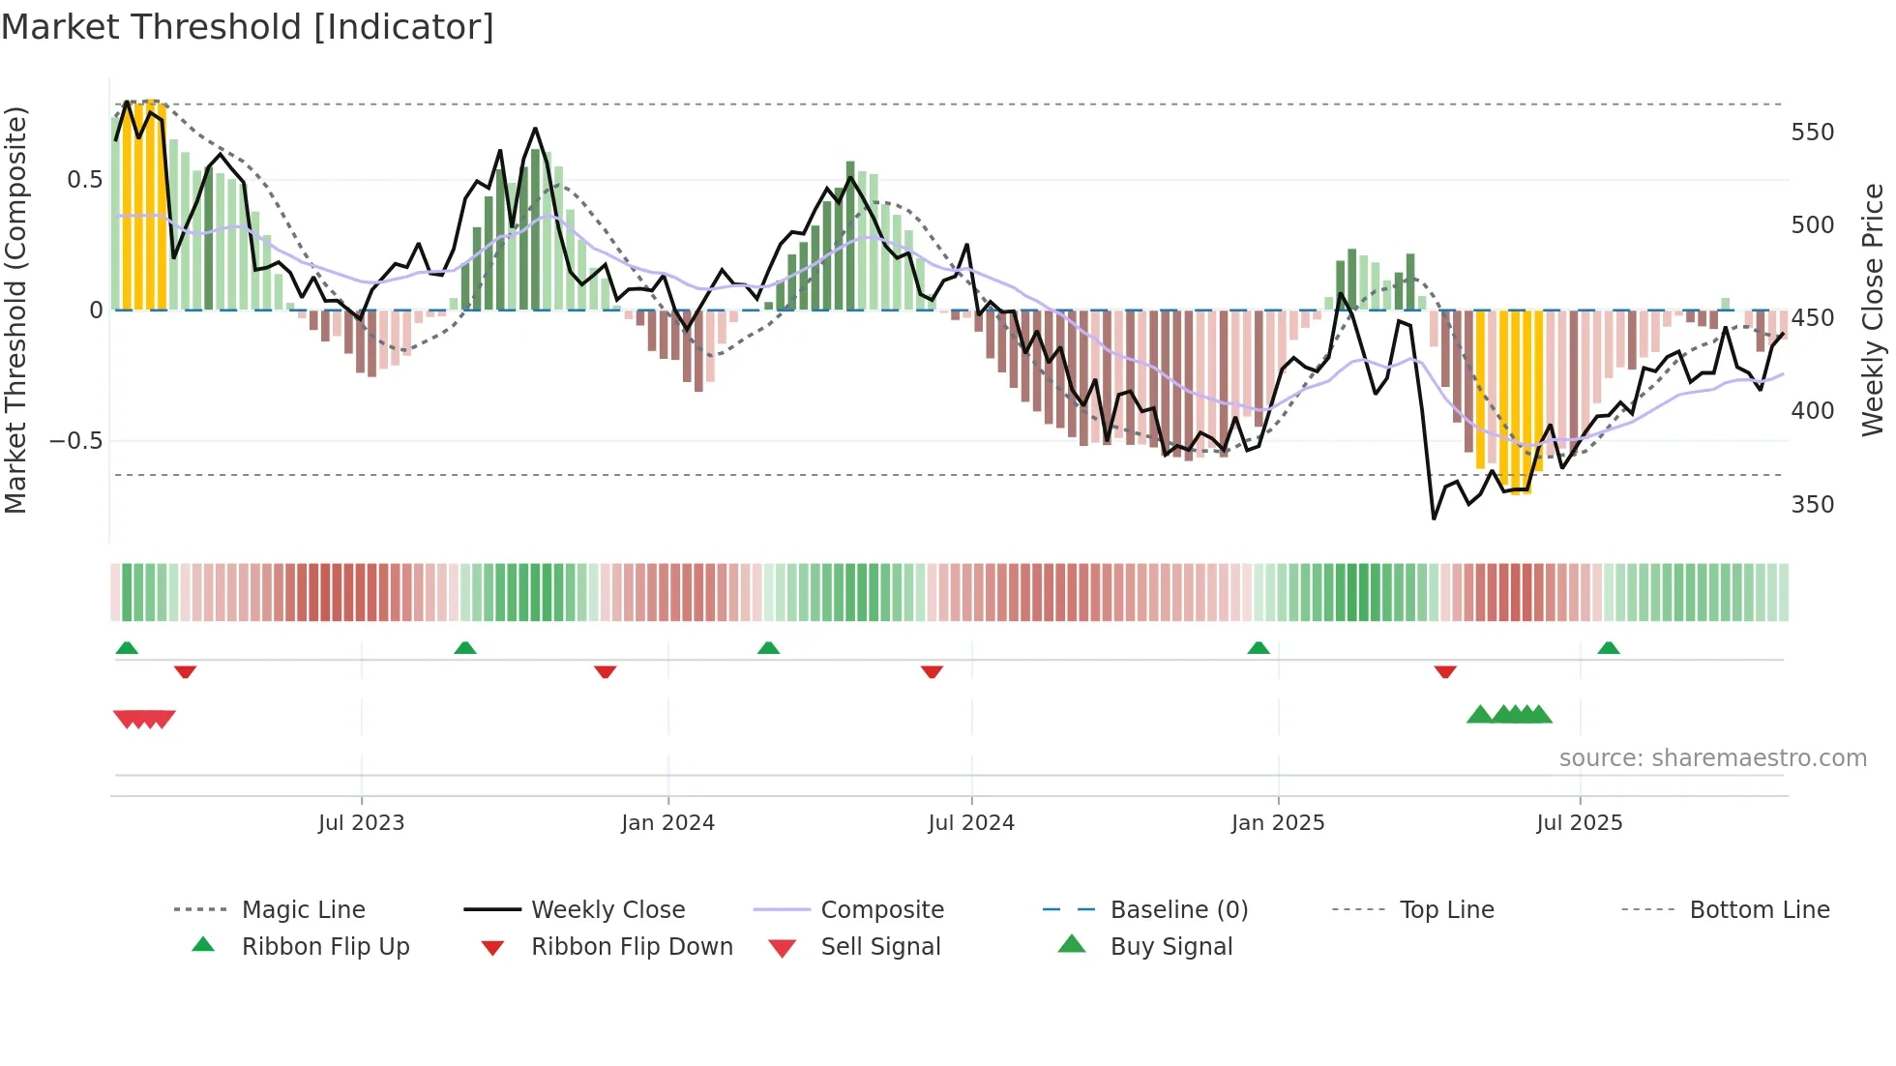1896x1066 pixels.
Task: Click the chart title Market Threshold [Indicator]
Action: point(248,27)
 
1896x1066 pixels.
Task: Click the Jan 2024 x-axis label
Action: point(667,823)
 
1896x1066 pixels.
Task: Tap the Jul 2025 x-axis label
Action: point(1579,823)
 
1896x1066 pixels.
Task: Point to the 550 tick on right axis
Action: point(1812,133)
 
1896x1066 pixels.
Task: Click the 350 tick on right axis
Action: point(1812,505)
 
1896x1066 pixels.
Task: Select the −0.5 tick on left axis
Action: point(75,441)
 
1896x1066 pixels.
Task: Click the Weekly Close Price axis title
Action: point(1873,310)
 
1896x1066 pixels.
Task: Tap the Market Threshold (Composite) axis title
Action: point(15,310)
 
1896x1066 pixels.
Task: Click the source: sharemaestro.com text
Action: point(1712,758)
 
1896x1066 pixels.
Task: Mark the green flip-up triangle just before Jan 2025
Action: point(1258,648)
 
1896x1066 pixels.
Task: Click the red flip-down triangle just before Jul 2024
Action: point(932,671)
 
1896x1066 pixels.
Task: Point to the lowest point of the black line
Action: point(1434,518)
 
